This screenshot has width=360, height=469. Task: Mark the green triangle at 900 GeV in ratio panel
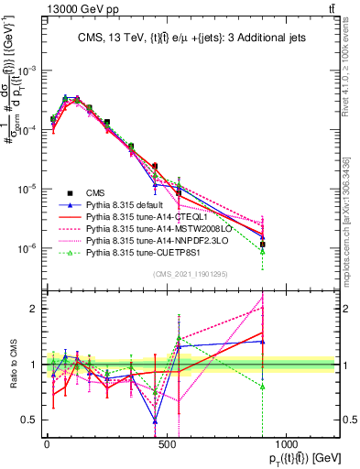point(263,386)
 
